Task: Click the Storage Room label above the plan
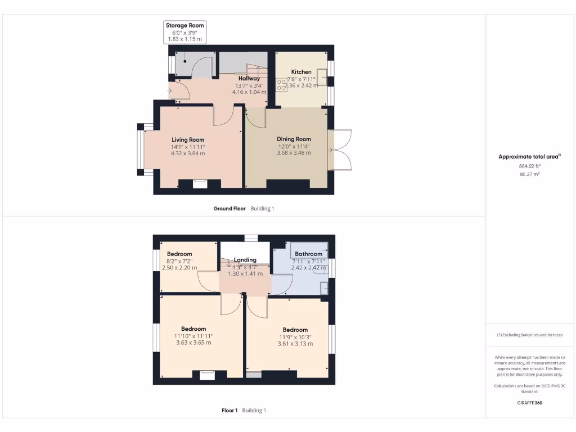184,25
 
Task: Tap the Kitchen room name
301,72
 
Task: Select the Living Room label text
188,139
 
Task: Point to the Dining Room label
294,139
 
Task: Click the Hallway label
249,78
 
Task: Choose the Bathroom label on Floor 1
308,254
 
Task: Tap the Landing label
245,260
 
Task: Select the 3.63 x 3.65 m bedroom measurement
193,343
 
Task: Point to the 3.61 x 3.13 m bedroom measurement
295,344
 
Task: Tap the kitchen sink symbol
323,76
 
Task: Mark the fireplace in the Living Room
199,183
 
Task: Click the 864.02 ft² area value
529,166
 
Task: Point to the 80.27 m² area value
529,174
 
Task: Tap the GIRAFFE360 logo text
529,403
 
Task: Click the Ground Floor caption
229,209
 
